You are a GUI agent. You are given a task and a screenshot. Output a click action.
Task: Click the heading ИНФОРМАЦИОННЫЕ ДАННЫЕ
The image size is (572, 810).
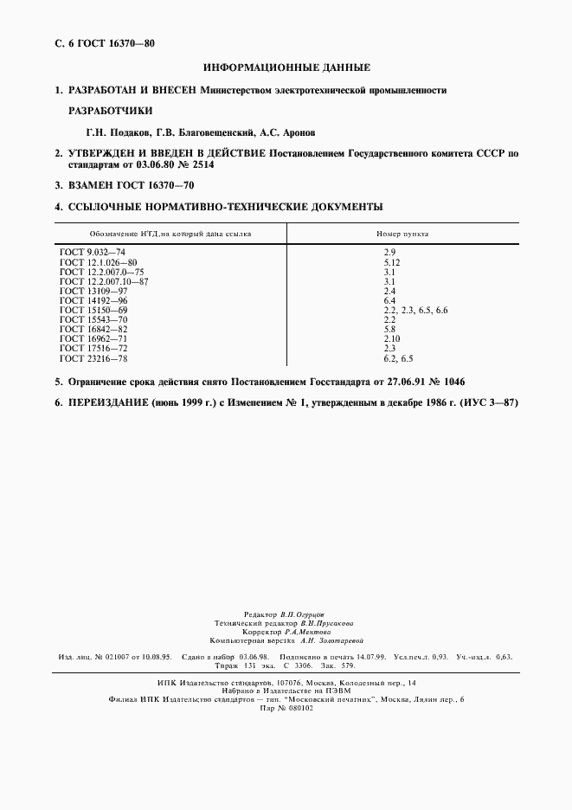click(x=286, y=67)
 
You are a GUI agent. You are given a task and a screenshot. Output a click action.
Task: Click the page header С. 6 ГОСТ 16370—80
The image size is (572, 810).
click(x=105, y=42)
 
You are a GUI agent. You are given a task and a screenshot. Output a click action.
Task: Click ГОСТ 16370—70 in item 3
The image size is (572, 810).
click(x=158, y=185)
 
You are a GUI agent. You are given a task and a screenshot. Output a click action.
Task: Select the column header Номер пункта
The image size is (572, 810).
click(x=402, y=234)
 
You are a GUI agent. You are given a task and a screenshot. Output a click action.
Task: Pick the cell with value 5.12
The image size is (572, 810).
click(x=392, y=261)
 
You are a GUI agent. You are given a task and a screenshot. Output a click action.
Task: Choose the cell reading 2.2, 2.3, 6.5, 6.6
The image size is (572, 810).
click(x=415, y=309)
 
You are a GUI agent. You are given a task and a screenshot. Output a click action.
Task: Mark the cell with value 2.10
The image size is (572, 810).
click(x=392, y=338)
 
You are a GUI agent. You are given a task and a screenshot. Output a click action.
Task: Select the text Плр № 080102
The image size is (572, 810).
click(x=286, y=708)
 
